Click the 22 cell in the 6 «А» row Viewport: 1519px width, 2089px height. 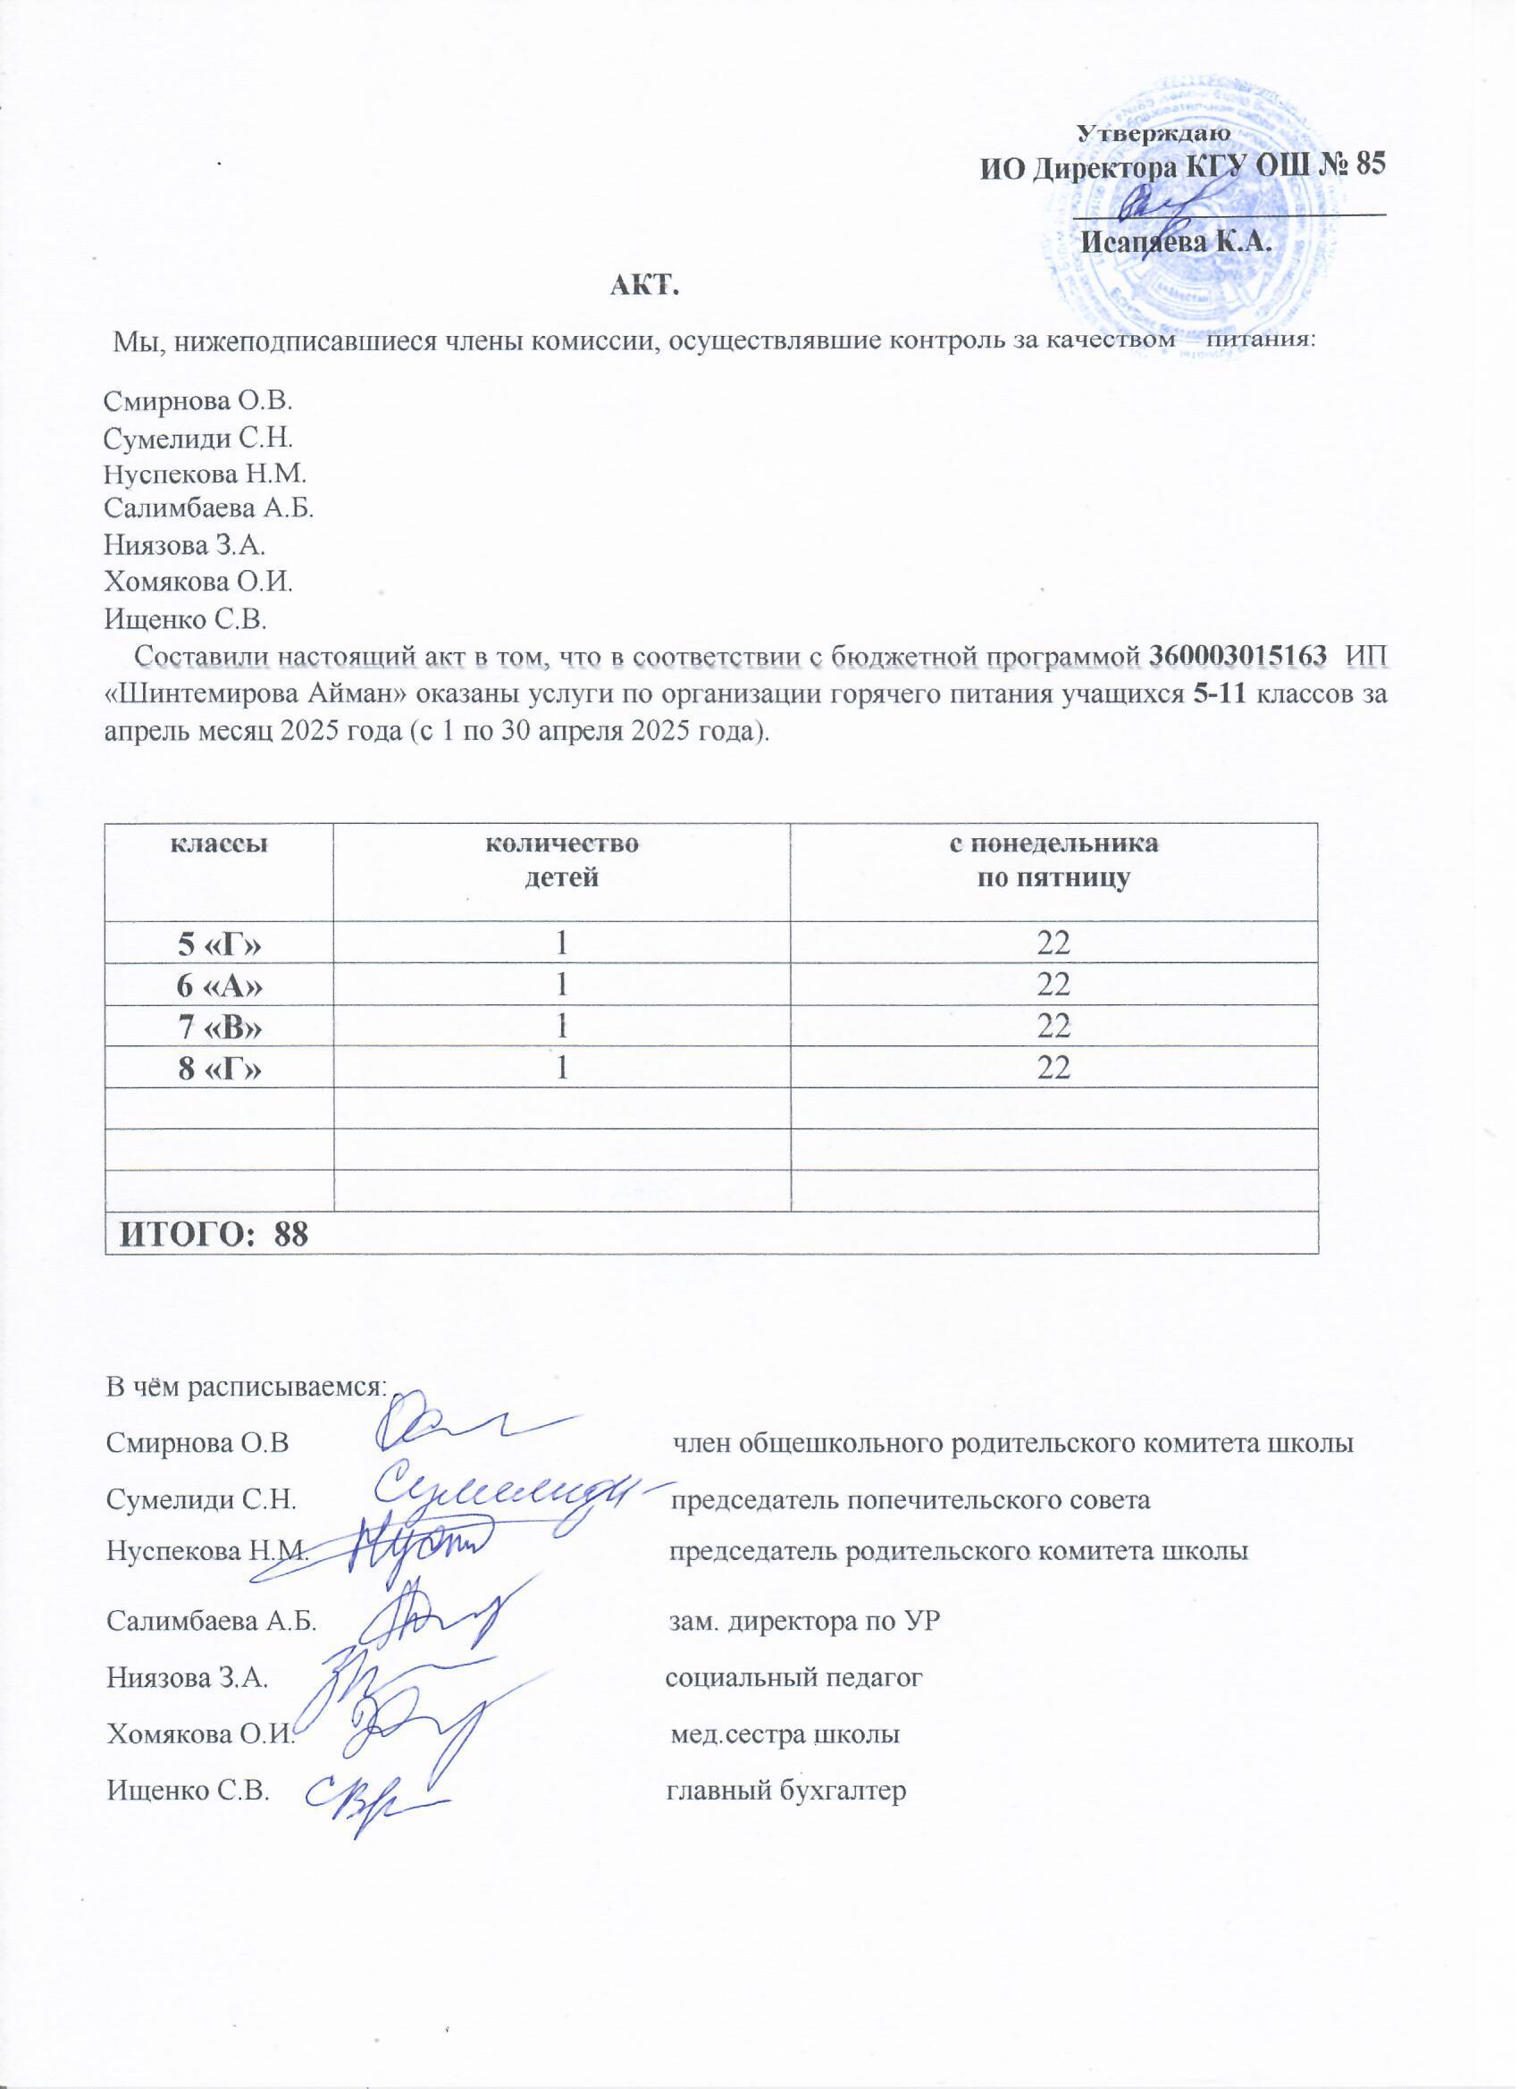point(1053,985)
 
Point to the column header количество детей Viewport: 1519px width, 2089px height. point(561,861)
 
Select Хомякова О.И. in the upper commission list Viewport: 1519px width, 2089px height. point(198,581)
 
